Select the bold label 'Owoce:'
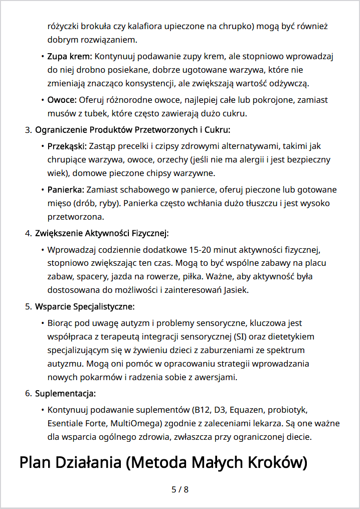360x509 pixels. coord(62,100)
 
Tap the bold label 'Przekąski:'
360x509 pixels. coord(67,146)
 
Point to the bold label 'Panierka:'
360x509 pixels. coord(66,190)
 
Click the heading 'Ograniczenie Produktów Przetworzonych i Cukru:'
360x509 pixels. coord(132,130)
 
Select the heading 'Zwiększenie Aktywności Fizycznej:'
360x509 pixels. coord(102,233)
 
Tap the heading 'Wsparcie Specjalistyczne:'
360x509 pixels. coord(85,306)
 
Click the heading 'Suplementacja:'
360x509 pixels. coord(65,393)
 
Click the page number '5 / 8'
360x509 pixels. coord(180,489)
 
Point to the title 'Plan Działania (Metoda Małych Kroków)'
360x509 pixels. coord(163,462)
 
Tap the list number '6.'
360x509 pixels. coord(28,393)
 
